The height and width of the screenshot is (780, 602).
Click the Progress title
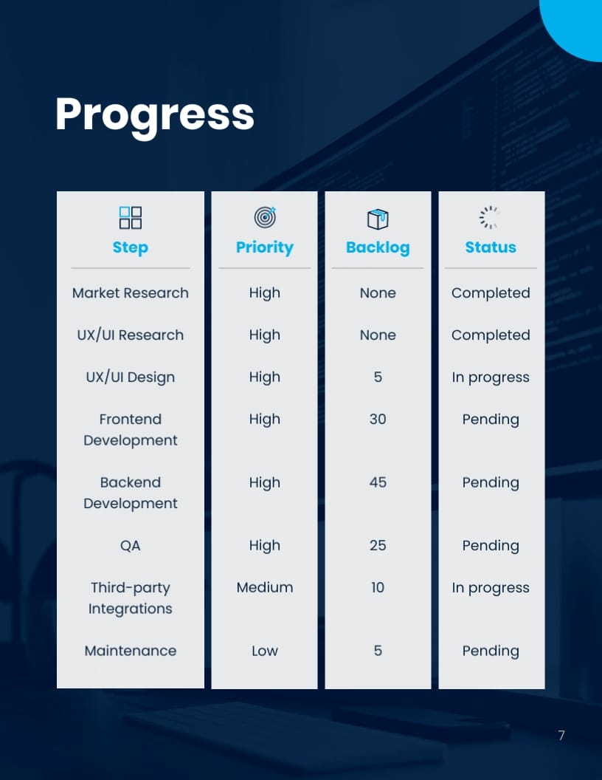click(155, 114)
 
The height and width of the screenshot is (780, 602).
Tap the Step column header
click(131, 247)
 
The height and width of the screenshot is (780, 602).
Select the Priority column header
click(265, 247)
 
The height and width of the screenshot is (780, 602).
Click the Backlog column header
click(378, 247)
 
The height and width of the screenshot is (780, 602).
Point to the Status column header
click(491, 247)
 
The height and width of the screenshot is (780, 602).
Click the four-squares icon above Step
click(131, 217)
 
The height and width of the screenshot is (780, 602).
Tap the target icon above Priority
click(265, 217)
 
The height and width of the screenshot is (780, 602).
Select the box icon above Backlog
click(378, 218)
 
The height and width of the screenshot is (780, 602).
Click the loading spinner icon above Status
click(490, 217)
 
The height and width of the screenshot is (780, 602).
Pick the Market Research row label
click(131, 293)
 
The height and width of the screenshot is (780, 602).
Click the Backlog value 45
click(378, 482)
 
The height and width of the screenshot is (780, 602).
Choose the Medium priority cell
click(265, 588)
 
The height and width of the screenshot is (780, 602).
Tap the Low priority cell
click(265, 651)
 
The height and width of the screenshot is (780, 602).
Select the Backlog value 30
click(378, 420)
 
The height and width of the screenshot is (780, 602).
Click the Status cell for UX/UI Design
click(491, 377)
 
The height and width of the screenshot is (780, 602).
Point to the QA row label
click(131, 546)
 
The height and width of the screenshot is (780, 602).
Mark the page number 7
click(561, 735)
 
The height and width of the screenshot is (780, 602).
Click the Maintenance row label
click(131, 651)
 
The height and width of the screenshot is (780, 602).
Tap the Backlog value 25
click(378, 546)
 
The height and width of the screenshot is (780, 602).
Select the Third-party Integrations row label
click(131, 598)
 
